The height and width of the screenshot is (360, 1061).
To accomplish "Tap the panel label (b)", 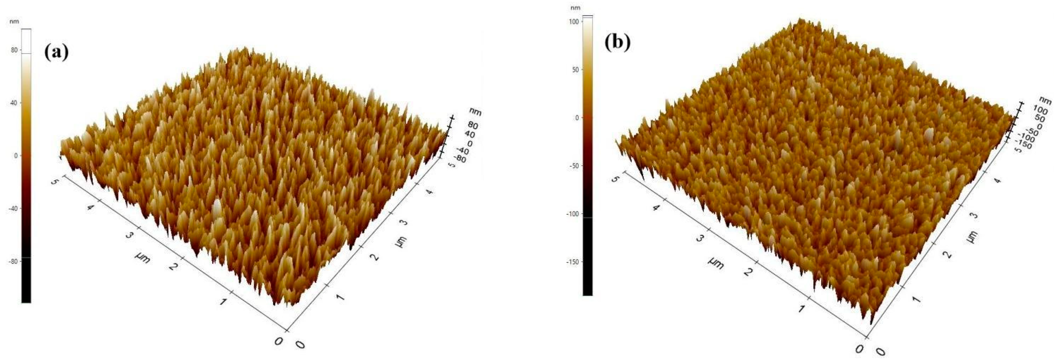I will (x=617, y=43).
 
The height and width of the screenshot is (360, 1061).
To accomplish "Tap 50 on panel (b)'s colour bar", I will (x=575, y=70).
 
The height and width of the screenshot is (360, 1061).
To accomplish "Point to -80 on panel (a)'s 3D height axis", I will (x=461, y=159).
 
